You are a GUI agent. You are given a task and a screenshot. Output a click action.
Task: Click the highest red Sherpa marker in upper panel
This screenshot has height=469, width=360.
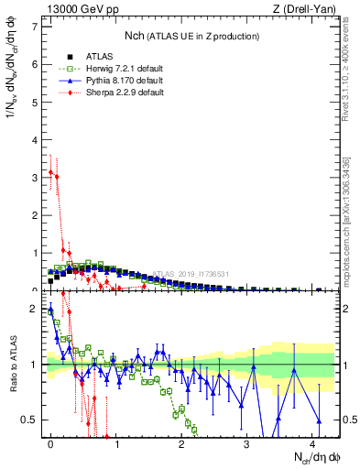50,171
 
